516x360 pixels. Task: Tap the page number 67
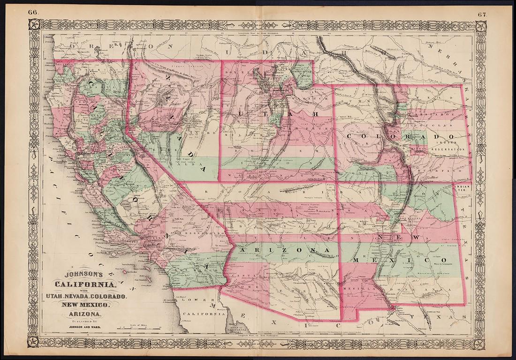483,13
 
